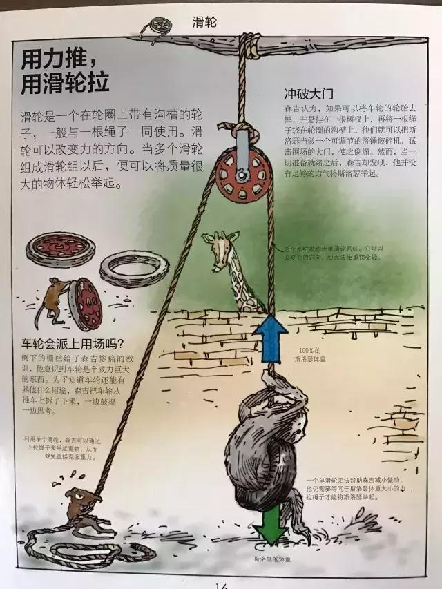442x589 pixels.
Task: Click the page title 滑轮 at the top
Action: point(204,21)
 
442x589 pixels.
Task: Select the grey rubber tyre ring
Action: point(133,269)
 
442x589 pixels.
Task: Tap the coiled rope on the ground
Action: point(83,549)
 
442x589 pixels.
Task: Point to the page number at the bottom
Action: point(220,585)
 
